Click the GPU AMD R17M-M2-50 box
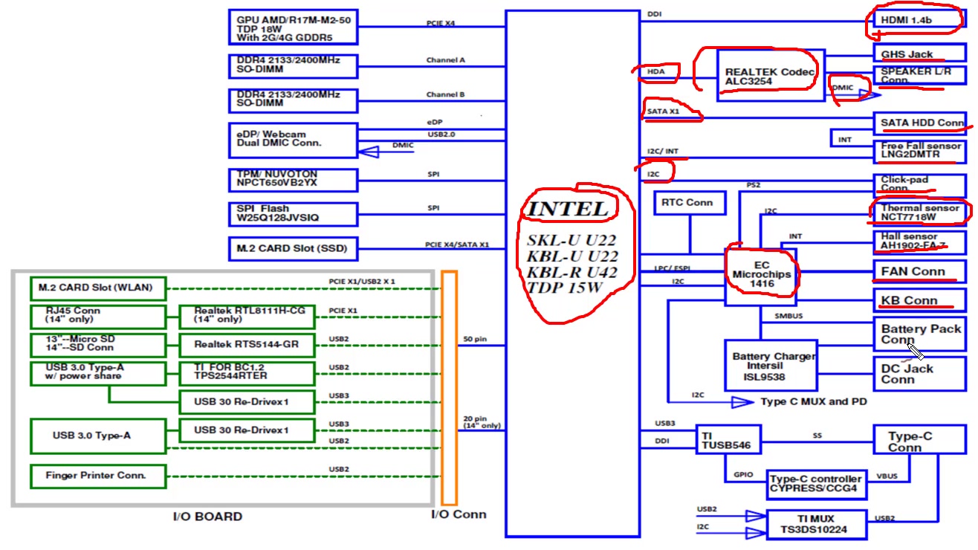(x=294, y=28)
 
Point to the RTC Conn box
(x=690, y=203)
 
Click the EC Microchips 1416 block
(x=760, y=275)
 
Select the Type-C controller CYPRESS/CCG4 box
(x=816, y=484)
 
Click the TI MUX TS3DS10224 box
(x=816, y=525)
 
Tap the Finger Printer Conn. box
(x=97, y=476)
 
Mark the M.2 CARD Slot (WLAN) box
(x=97, y=288)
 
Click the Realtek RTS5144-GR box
(x=245, y=345)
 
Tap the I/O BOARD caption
(x=207, y=517)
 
